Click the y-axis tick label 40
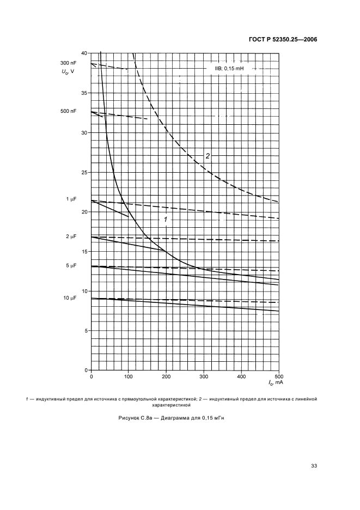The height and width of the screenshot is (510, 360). coord(84,53)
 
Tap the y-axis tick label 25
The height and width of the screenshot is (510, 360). coord(84,172)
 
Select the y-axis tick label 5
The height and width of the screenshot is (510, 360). coord(86,331)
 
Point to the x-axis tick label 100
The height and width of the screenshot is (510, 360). coord(129,377)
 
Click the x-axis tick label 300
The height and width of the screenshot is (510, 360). coord(204,377)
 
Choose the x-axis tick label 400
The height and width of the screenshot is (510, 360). coord(241,377)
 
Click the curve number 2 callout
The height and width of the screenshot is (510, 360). coord(208,156)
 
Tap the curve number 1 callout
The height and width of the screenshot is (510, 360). coord(166,218)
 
